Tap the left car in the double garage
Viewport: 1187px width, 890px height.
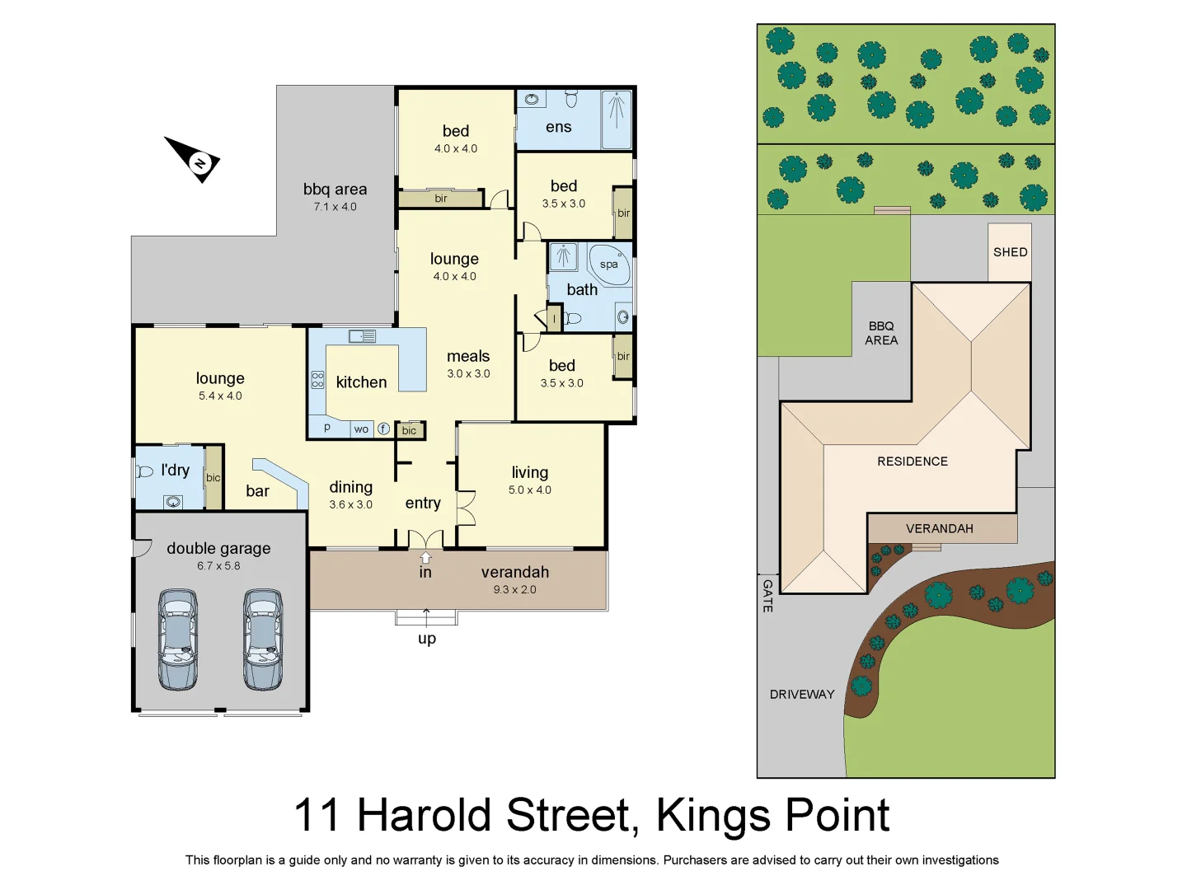[178, 639]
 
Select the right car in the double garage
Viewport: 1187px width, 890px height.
[263, 639]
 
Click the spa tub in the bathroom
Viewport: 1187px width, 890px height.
[609, 264]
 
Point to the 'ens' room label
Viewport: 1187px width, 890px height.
[558, 127]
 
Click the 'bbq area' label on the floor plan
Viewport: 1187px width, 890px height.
[335, 190]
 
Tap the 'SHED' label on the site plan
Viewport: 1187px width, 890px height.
[1010, 252]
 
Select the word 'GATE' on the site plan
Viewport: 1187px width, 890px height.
[767, 595]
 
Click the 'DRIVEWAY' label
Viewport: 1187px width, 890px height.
[802, 695]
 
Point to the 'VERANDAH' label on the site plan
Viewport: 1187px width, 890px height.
[939, 529]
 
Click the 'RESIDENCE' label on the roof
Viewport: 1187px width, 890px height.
[912, 461]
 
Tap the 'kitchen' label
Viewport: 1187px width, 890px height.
[361, 382]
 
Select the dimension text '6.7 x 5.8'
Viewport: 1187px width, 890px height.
[218, 566]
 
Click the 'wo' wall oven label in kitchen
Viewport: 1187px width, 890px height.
[361, 429]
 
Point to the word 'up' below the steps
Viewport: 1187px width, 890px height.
[426, 639]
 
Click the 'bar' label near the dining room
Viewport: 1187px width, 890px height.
[257, 491]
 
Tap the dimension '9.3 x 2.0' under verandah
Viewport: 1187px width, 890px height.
[514, 590]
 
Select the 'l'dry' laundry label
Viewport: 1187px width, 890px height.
[175, 470]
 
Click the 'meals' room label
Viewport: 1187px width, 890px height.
[468, 356]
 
